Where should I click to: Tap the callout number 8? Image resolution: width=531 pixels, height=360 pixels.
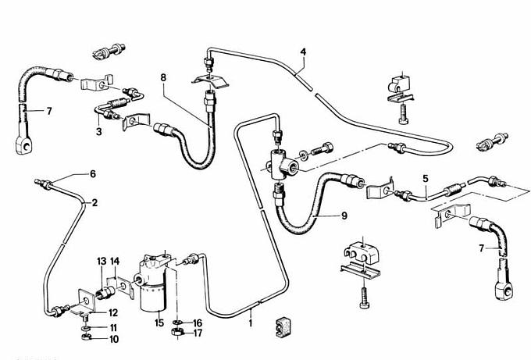[164, 77]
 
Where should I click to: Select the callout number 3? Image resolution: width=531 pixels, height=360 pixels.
[99, 132]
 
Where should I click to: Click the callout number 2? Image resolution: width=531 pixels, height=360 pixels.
[94, 203]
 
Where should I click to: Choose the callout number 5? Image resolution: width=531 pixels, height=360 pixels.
[426, 178]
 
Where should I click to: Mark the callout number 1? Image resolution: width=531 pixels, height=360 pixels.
[250, 322]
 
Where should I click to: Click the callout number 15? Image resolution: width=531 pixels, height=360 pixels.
[159, 323]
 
